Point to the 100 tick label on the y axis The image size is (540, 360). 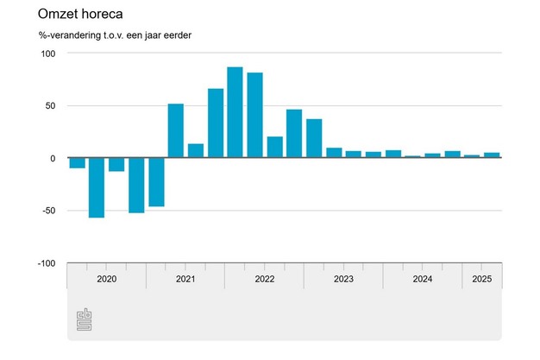[x=47, y=54]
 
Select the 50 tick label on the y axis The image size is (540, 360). [x=50, y=106]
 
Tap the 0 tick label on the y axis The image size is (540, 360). [x=53, y=159]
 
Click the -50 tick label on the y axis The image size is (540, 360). [x=48, y=212]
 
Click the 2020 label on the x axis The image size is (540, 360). [x=106, y=279]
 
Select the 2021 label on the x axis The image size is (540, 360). [x=185, y=279]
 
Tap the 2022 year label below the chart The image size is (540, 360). [x=264, y=279]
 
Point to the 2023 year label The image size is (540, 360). [x=342, y=279]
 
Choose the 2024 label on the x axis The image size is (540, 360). [x=422, y=279]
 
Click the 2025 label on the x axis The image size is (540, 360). [x=481, y=279]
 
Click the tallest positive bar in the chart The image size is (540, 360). [x=235, y=112]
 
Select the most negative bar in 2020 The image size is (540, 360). [x=97, y=187]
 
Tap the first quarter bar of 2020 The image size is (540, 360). [x=77, y=163]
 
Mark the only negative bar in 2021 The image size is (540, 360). [x=156, y=182]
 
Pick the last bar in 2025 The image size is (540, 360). [x=492, y=155]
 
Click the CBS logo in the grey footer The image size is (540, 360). [x=86, y=319]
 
